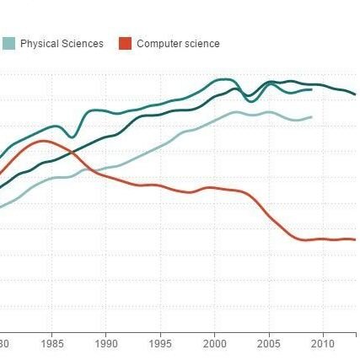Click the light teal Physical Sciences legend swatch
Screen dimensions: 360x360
click(9, 44)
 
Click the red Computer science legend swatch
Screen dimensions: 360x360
click(126, 44)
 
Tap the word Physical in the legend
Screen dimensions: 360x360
click(37, 44)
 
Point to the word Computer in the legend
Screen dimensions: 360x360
click(157, 44)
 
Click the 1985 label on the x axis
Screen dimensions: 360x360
click(52, 345)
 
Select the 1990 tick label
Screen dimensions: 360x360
click(106, 345)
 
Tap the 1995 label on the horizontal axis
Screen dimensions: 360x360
click(161, 345)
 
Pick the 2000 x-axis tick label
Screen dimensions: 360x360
click(215, 345)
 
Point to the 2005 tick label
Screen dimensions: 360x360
click(269, 345)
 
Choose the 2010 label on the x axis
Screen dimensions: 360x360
click(323, 345)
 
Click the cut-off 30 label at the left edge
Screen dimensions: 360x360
click(4, 345)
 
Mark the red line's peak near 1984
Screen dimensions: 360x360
click(41, 141)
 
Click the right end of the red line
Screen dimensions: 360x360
click(355, 239)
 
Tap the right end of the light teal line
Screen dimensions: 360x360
click(312, 117)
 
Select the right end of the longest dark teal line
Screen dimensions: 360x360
click(355, 94)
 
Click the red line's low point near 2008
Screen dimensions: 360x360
click(305, 240)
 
